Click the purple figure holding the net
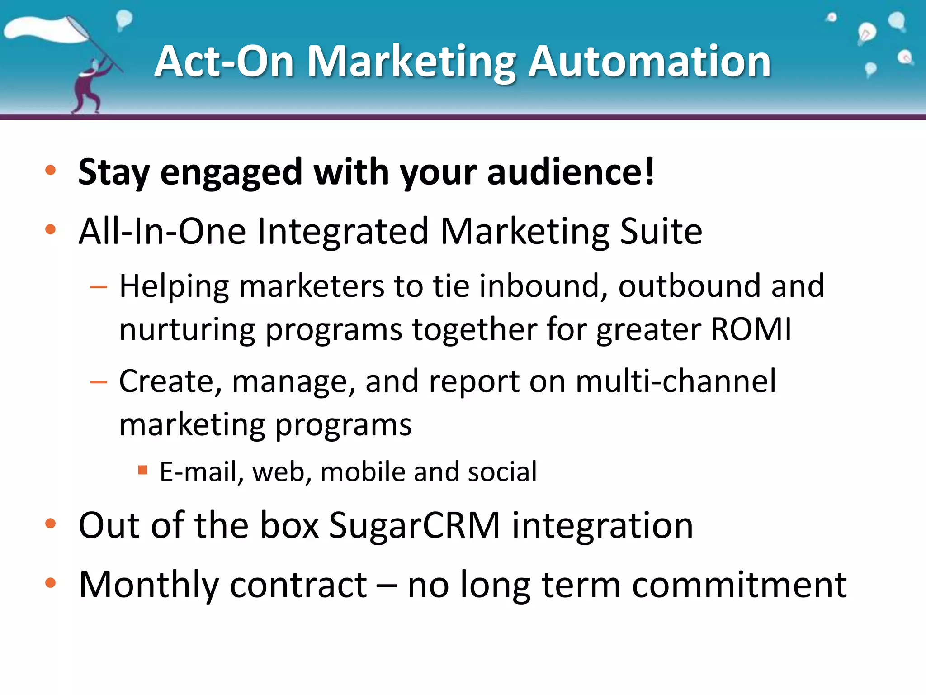pyautogui.click(x=90, y=86)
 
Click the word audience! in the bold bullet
pyautogui.click(x=571, y=172)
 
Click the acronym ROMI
pyautogui.click(x=751, y=329)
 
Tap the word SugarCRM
pyautogui.click(x=414, y=525)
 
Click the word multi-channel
pyautogui.click(x=676, y=381)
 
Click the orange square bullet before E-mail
pyautogui.click(x=143, y=470)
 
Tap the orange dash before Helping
pyautogui.click(x=99, y=287)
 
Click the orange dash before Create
pyautogui.click(x=99, y=382)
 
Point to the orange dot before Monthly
pyautogui.click(x=50, y=583)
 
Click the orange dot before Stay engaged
pyautogui.click(x=50, y=170)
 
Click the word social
pyautogui.click(x=502, y=472)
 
